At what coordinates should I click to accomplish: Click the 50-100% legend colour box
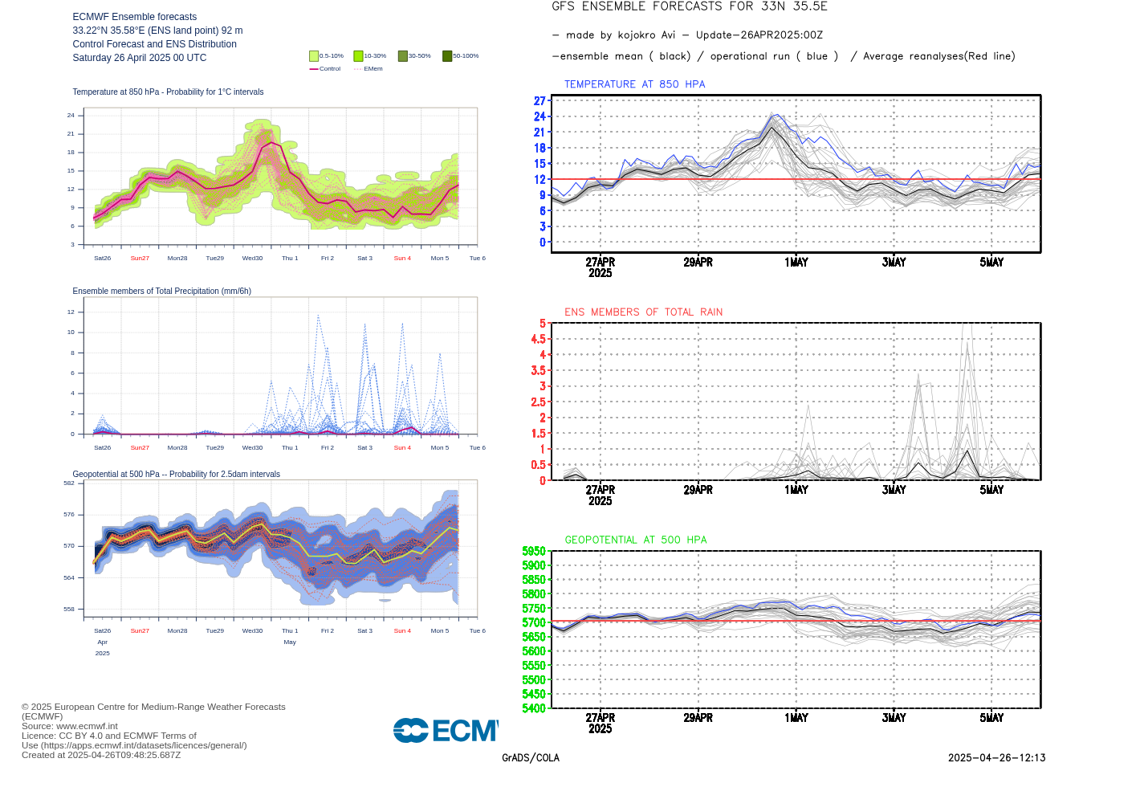447,56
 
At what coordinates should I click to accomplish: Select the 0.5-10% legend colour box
314,56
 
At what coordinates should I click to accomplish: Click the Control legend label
330,69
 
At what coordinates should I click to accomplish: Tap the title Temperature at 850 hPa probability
168,92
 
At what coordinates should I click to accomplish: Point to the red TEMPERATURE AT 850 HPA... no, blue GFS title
634,84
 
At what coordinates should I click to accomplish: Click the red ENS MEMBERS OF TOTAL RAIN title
643,312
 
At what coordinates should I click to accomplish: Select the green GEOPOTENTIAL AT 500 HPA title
635,540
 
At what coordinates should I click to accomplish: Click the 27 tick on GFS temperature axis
539,101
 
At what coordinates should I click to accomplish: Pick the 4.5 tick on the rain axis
538,339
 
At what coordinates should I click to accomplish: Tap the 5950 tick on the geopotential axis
534,552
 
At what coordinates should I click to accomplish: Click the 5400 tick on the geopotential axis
534,708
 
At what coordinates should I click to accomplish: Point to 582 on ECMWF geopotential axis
69,483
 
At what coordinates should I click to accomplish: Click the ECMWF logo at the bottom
446,731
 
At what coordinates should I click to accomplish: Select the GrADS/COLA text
531,758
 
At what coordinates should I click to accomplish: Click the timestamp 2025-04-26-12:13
996,758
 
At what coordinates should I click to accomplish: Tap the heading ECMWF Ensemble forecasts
135,17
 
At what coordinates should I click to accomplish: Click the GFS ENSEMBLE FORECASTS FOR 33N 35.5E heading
690,7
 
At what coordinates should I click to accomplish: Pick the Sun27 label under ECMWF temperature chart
140,259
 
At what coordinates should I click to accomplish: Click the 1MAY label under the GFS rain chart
796,490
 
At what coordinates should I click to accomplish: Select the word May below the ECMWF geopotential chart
290,642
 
